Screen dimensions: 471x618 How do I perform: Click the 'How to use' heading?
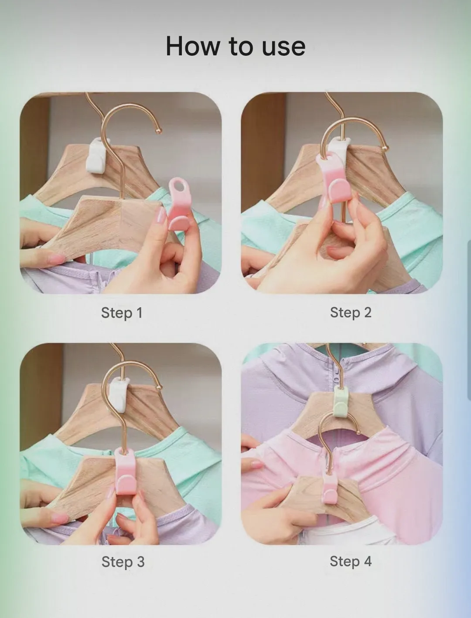pos(235,46)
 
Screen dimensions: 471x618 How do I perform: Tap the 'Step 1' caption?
pos(122,313)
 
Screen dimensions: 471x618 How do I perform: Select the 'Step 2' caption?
pos(351,312)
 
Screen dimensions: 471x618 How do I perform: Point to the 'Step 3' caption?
pos(123,562)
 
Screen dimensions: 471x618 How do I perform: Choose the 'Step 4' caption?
pos(351,561)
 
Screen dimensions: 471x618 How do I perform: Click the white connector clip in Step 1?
pos(96,154)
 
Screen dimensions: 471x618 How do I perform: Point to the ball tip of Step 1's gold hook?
pos(159,131)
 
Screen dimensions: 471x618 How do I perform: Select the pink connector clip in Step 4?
pos(331,489)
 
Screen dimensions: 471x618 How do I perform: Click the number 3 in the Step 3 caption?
pos(140,561)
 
